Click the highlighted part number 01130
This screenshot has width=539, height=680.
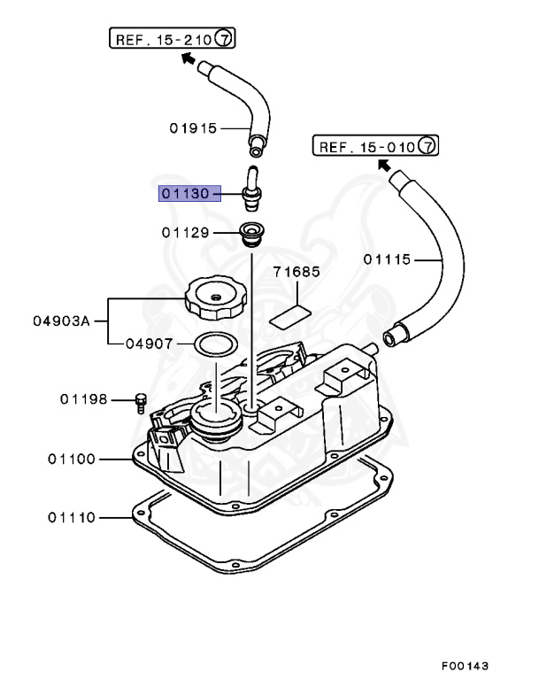pyautogui.click(x=186, y=193)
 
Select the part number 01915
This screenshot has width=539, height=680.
pyautogui.click(x=193, y=127)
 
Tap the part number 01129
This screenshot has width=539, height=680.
pyautogui.click(x=185, y=233)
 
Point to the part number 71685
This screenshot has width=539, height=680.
pyautogui.click(x=296, y=273)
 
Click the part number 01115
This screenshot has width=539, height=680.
pyautogui.click(x=388, y=259)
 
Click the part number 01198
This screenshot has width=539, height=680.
pyautogui.click(x=84, y=399)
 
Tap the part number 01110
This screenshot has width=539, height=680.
pyautogui.click(x=73, y=516)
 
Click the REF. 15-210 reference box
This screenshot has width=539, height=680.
pyautogui.click(x=173, y=38)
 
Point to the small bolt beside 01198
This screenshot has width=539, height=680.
pyautogui.click(x=139, y=403)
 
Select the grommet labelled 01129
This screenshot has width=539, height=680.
pyautogui.click(x=250, y=236)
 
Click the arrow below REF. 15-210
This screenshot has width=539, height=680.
pyautogui.click(x=188, y=58)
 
